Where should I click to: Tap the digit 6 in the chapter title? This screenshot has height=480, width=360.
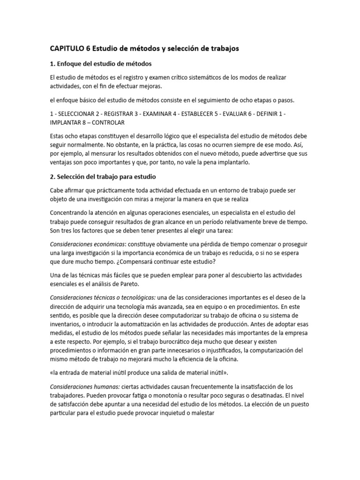88,48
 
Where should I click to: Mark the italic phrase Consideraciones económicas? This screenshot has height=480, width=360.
87,244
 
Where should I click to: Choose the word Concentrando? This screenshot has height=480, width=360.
73,213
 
